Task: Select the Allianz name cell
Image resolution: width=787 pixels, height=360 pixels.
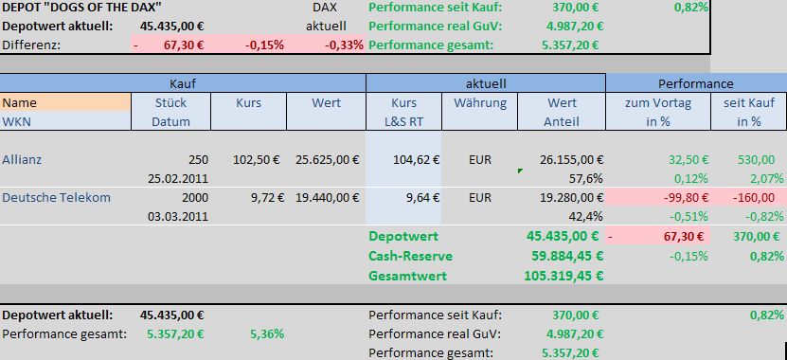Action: pos(23,160)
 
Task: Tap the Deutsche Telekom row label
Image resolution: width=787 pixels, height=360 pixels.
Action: pos(56,197)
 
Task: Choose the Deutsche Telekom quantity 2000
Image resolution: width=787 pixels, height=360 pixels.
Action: pos(191,197)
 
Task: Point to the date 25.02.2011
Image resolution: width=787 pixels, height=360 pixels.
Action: pos(178,178)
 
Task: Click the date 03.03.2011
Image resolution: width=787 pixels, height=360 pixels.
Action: pos(178,215)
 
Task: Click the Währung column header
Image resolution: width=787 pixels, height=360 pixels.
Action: pos(480,102)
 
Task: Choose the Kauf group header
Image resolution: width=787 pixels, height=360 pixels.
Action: pos(183,83)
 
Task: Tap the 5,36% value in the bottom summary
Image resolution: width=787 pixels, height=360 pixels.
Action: pos(267,333)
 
